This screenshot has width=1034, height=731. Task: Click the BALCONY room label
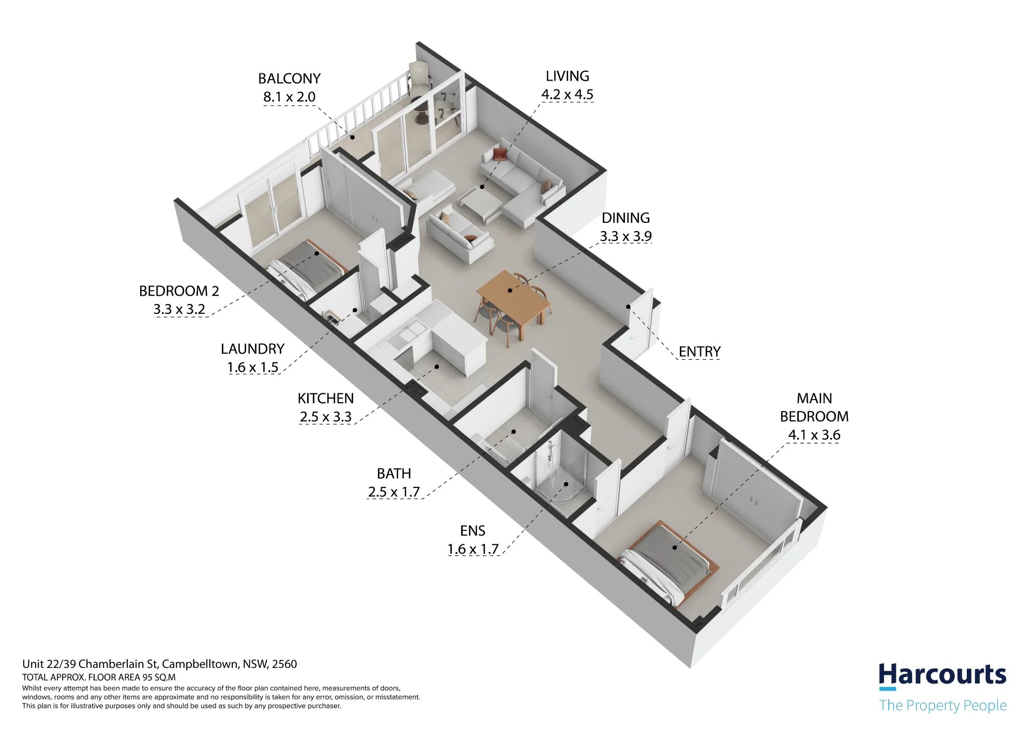click(x=289, y=79)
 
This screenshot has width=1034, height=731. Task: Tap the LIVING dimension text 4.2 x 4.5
click(x=567, y=95)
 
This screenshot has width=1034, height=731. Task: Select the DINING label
click(x=626, y=218)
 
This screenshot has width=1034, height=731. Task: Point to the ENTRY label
click(x=699, y=352)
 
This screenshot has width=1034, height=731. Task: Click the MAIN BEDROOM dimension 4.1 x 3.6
click(x=814, y=435)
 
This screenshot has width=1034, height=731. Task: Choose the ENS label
click(x=473, y=531)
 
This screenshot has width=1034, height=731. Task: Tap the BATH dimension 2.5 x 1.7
click(x=394, y=492)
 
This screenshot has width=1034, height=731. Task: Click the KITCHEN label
click(x=326, y=399)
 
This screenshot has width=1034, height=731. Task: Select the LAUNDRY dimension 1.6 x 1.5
click(x=253, y=367)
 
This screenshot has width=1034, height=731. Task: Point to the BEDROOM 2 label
click(x=179, y=291)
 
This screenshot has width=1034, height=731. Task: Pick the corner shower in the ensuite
click(x=561, y=473)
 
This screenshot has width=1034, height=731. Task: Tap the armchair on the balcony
click(x=420, y=78)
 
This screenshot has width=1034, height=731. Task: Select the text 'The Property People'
click(x=943, y=706)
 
